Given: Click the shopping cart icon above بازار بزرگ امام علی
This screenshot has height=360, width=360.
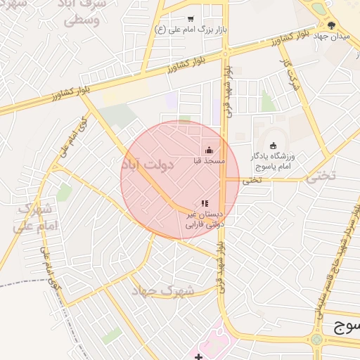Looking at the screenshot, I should pyautogui.click(x=191, y=20).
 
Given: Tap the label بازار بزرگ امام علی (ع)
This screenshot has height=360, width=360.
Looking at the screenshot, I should pyautogui.click(x=191, y=31).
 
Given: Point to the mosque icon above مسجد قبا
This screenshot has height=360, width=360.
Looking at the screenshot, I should pyautogui.click(x=209, y=150).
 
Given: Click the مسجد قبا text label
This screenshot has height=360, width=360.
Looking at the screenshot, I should pyautogui.click(x=209, y=161).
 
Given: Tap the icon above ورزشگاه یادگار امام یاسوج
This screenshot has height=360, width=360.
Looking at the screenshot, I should pyautogui.click(x=274, y=146).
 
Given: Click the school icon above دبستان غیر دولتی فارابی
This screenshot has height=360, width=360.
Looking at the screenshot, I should pyautogui.click(x=205, y=203).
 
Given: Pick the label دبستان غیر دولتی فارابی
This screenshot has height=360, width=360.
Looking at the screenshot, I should pyautogui.click(x=204, y=219).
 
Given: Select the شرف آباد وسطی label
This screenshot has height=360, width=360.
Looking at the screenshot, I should pyautogui.click(x=84, y=13).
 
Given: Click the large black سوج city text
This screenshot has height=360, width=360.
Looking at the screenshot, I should pyautogui.click(x=345, y=326).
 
